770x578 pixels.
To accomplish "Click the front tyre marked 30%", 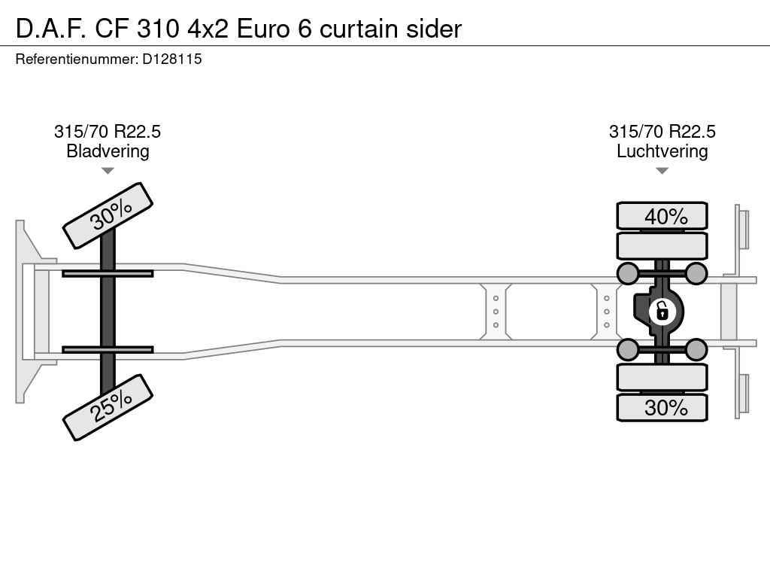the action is click(108, 215).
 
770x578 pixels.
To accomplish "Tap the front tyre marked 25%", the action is click(108, 407).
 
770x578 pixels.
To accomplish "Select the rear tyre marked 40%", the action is click(662, 216).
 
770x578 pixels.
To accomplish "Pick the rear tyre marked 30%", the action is click(662, 407).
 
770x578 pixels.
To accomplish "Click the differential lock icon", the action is click(662, 312).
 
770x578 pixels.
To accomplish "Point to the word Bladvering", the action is click(108, 151).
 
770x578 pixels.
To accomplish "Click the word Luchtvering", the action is click(662, 151).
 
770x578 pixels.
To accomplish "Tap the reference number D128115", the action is click(172, 59).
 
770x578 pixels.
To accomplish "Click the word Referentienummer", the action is click(76, 59).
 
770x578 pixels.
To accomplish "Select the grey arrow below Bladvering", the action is click(108, 171).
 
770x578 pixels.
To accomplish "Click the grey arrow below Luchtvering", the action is click(662, 171).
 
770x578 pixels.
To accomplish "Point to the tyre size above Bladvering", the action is click(108, 131).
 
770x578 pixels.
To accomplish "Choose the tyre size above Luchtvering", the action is click(662, 131).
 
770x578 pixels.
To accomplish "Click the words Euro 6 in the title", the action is click(274, 29).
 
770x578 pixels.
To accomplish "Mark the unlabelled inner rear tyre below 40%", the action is click(662, 246).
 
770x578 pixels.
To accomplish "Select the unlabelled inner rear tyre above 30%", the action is click(662, 377).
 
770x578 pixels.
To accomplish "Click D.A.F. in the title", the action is click(52, 29).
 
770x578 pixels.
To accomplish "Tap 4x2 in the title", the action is click(208, 29).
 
